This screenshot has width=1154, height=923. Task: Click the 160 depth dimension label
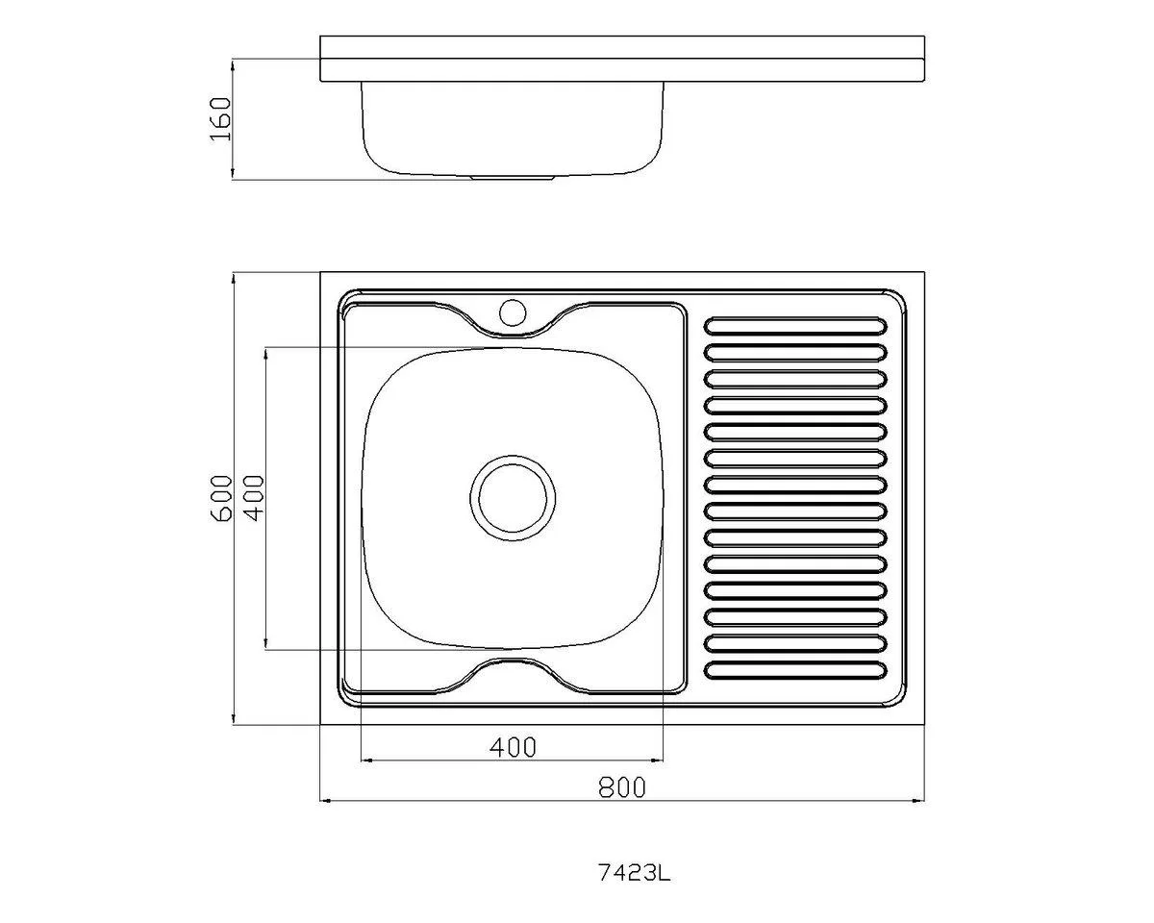(220, 118)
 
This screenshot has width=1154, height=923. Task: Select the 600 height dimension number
(221, 498)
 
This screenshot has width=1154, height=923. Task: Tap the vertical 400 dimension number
(254, 498)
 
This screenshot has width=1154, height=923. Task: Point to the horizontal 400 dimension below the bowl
(513, 748)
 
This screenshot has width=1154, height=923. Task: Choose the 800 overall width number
(622, 787)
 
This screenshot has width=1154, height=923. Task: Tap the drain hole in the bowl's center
(513, 498)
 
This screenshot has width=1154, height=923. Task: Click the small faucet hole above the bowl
(513, 312)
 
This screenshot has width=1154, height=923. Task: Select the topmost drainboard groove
(795, 326)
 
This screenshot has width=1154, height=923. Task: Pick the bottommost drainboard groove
(795, 670)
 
